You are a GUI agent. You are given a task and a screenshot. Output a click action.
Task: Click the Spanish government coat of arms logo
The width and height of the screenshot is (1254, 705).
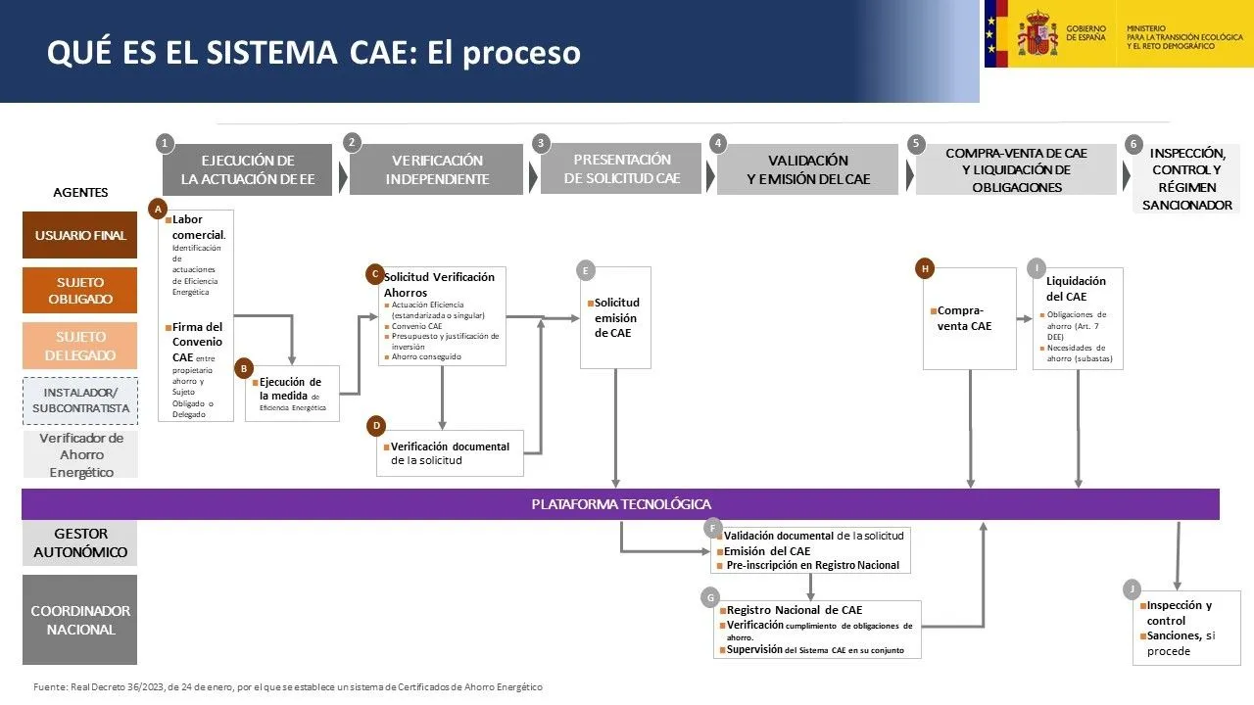(x=1037, y=33)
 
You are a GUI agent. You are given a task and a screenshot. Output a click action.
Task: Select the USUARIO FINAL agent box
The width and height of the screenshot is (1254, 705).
(x=80, y=235)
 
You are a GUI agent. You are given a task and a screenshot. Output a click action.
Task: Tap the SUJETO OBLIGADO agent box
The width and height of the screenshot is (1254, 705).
(x=80, y=291)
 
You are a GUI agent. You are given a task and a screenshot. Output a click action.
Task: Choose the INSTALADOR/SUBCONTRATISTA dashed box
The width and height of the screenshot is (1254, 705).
(x=80, y=399)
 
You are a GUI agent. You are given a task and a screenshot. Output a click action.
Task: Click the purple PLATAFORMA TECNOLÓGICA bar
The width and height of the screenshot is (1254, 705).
(x=620, y=504)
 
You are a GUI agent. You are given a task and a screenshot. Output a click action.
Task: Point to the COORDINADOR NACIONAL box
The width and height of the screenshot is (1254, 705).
(x=80, y=620)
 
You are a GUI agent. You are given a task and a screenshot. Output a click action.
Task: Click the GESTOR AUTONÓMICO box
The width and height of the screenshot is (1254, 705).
(x=80, y=542)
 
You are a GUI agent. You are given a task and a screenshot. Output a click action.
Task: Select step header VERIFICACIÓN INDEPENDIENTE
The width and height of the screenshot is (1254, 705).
(x=437, y=169)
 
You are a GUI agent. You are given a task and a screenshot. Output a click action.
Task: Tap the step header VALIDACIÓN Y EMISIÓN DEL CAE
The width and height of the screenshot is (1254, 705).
(x=807, y=169)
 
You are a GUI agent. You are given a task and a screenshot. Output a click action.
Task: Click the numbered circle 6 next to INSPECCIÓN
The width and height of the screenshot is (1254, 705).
(x=1133, y=144)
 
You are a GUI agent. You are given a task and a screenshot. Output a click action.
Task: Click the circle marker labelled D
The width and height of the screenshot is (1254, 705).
(x=376, y=426)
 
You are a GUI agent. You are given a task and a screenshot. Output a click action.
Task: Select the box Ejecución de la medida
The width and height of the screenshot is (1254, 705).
(x=292, y=394)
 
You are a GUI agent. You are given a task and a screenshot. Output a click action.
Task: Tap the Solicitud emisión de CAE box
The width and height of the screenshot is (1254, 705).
(x=616, y=318)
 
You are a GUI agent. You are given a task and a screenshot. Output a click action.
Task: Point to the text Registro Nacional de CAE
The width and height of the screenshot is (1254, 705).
(x=795, y=609)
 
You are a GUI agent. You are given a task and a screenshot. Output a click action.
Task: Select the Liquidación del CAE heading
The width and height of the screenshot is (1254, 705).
(x=1076, y=288)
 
